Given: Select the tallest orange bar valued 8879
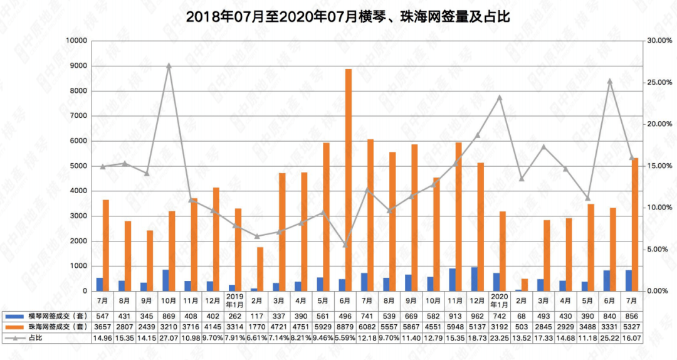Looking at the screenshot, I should point(349,180).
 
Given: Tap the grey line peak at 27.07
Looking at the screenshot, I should point(169,65).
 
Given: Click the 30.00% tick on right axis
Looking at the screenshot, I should point(659,41).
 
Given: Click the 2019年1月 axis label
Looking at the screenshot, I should point(234,299).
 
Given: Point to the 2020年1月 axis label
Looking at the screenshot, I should point(499,299).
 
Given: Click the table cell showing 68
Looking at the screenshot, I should point(521,315).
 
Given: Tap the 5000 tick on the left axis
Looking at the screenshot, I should point(79,166).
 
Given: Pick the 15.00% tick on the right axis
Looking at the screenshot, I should point(659,166).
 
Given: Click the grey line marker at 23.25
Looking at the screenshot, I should point(500,97).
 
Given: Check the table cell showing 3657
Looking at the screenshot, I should point(102,326).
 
